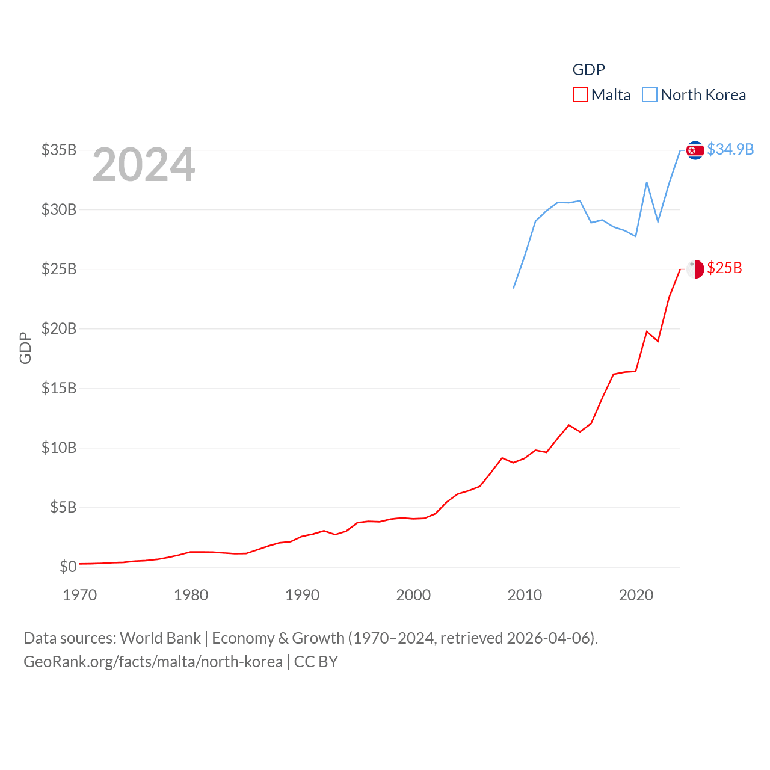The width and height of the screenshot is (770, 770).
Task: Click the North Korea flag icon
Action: tap(695, 150)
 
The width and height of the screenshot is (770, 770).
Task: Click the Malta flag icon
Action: tap(695, 269)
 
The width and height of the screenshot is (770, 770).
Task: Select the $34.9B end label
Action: tap(730, 149)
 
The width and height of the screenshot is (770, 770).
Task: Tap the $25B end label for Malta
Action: tap(724, 268)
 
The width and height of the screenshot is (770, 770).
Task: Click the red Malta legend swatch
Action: tap(580, 95)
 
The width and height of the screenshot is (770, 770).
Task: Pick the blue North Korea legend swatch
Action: tap(650, 95)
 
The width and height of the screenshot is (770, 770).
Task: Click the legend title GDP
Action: tap(588, 70)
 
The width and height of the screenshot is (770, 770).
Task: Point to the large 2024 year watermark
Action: tap(144, 165)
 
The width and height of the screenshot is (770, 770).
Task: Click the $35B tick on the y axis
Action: tap(59, 150)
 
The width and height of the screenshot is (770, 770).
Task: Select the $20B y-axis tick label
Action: tap(59, 328)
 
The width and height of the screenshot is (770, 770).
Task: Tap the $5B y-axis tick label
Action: tap(63, 507)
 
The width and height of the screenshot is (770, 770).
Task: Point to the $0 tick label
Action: tap(68, 567)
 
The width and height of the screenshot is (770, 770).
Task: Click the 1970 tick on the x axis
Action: tap(80, 595)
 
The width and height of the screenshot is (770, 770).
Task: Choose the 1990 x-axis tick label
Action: tap(303, 595)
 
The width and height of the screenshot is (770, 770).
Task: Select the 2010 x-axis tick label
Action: tap(525, 595)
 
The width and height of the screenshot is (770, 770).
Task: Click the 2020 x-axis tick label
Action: tap(636, 595)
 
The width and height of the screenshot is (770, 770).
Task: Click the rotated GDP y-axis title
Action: tap(25, 348)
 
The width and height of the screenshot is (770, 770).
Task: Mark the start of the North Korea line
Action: tap(514, 288)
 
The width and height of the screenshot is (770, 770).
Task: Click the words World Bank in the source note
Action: tap(160, 638)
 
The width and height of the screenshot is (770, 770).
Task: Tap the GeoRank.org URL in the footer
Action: tap(153, 662)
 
